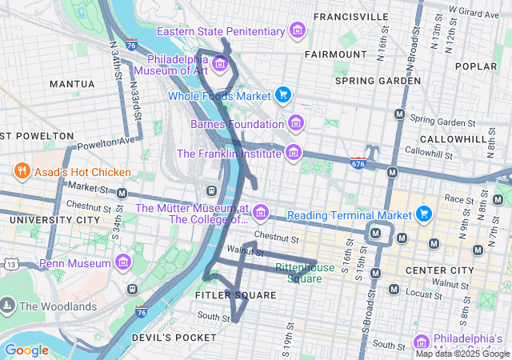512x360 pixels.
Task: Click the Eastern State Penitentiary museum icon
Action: [298, 31]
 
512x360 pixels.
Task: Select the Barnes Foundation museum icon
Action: [296, 123]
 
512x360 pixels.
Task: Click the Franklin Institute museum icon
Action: [294, 152]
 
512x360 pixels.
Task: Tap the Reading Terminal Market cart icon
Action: [424, 214]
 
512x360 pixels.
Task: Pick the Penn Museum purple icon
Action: [123, 262]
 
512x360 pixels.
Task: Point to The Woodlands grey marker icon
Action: [8, 306]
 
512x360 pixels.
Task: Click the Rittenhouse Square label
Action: [304, 273]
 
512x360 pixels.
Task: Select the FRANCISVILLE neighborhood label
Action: [351, 16]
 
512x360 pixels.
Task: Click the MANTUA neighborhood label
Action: [72, 83]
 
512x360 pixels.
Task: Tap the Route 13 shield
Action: [10, 264]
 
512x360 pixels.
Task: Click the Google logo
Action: [26, 350]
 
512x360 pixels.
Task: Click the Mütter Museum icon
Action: [261, 214]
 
